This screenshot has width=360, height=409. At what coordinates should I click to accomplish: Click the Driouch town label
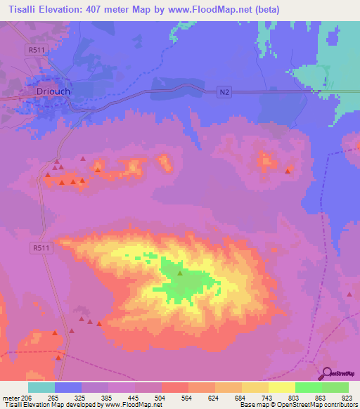tap(55, 91)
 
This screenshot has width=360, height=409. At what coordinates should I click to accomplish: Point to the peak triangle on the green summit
tap(179, 273)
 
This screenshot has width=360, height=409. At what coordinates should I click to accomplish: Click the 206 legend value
tap(26, 398)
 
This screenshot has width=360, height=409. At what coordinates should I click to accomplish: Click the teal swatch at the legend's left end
tap(41, 387)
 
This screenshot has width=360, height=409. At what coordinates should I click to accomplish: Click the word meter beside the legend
tap(10, 398)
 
